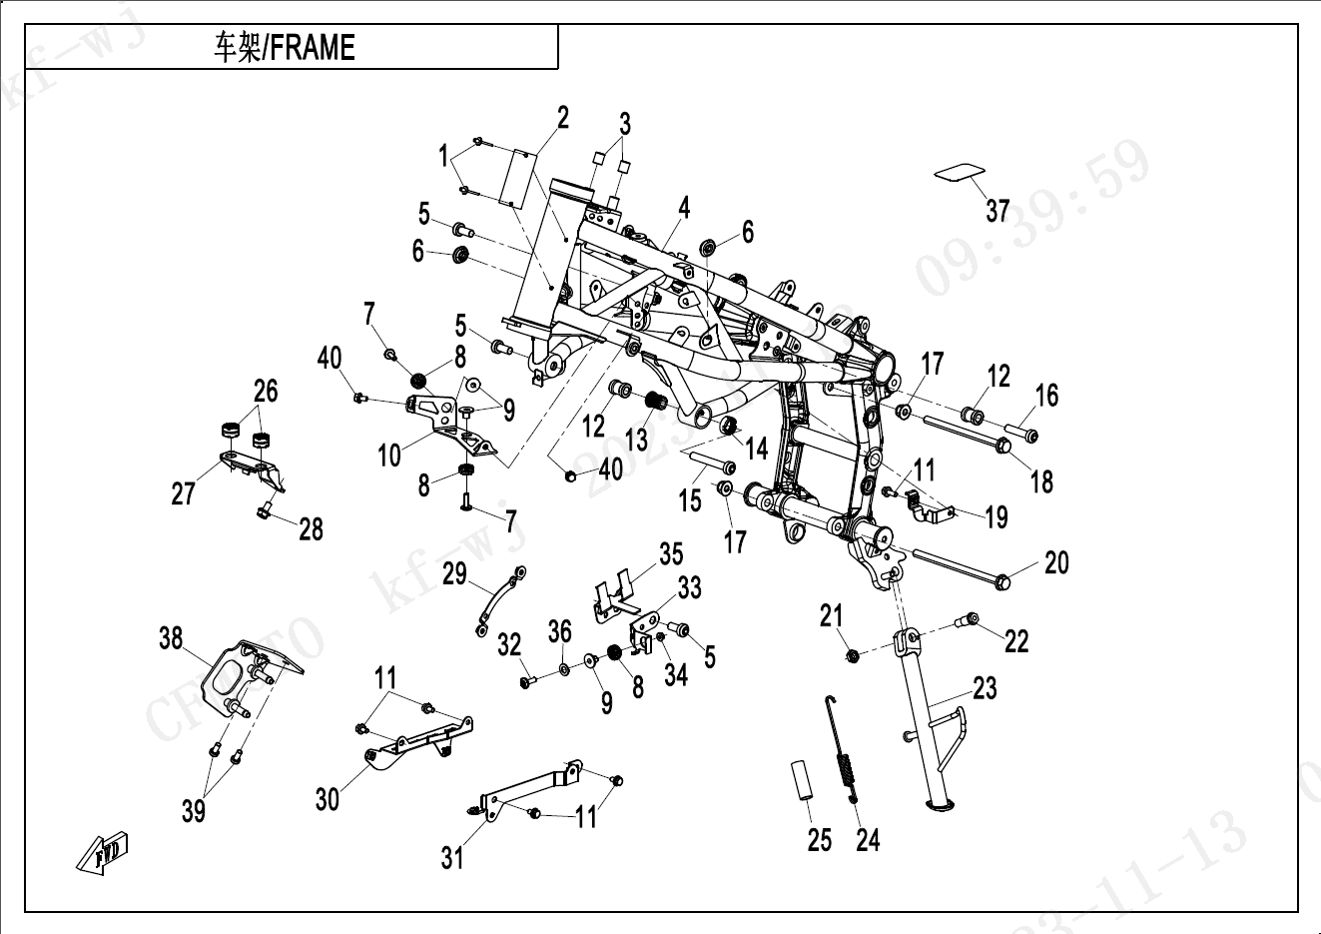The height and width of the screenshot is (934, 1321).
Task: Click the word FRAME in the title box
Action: coord(313,48)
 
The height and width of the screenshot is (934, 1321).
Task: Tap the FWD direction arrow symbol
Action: coord(103,852)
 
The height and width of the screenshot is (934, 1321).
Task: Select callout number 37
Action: coord(997,211)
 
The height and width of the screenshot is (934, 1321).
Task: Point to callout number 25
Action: coord(819,840)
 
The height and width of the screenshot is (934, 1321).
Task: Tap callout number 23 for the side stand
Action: coord(985,688)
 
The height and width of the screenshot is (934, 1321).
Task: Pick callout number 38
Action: coord(171,637)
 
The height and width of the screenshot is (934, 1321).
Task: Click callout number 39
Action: coord(194,811)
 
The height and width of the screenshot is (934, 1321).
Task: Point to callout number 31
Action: coord(452,857)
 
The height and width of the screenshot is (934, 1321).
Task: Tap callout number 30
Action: coord(328,799)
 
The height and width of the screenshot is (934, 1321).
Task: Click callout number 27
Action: coord(183,493)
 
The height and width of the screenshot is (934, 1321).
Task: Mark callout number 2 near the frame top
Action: coord(563,117)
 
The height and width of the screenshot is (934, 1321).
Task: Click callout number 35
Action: coord(671,553)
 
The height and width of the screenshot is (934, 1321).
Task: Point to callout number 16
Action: coord(1046,396)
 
